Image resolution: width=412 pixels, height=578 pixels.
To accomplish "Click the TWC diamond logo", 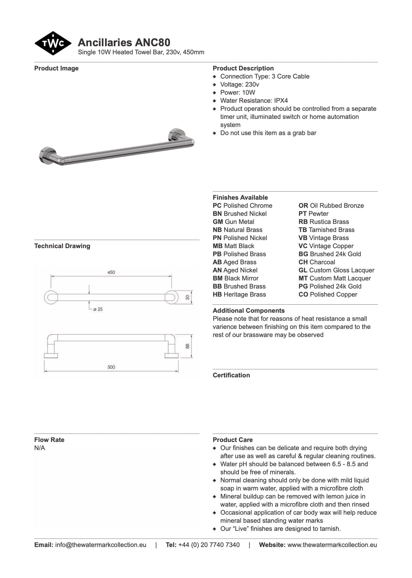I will (53, 43).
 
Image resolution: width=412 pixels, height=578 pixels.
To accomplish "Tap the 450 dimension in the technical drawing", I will (111, 272).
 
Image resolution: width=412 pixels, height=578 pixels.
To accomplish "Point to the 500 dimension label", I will (111, 367).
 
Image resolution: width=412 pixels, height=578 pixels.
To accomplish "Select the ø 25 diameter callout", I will (98, 309).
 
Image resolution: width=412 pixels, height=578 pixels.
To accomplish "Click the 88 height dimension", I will (187, 346).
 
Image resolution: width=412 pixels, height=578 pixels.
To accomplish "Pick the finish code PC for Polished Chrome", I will (217, 205).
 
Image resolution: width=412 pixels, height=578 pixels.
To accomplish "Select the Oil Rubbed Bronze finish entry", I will (331, 205).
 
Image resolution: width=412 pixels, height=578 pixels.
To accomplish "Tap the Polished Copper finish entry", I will (328, 294).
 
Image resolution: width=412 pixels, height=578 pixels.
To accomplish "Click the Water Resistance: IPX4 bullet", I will (254, 100).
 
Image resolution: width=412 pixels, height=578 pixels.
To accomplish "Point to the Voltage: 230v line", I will (239, 84).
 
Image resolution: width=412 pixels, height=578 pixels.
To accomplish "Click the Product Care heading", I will (233, 440).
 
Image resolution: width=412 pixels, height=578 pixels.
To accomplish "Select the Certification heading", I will (231, 375).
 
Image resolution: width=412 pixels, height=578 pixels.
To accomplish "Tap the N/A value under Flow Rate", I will (40, 448).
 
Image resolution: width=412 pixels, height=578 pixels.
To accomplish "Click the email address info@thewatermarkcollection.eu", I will (100, 545).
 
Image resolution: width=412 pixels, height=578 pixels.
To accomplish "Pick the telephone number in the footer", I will (209, 545).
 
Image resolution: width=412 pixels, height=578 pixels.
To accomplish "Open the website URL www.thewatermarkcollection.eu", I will (332, 545).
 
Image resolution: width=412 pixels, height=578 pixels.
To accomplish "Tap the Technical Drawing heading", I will (62, 246).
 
